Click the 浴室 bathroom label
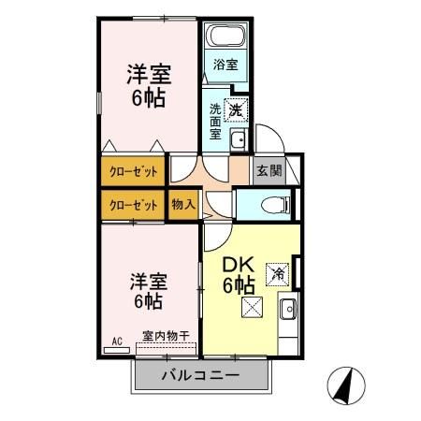225,65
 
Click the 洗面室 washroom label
214,119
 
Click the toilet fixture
276,204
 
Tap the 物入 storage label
183,203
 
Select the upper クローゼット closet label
134,172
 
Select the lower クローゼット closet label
134,204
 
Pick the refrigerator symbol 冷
277,274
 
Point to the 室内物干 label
166,335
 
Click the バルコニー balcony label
199,376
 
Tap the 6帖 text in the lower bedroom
147,301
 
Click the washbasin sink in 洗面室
239,141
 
